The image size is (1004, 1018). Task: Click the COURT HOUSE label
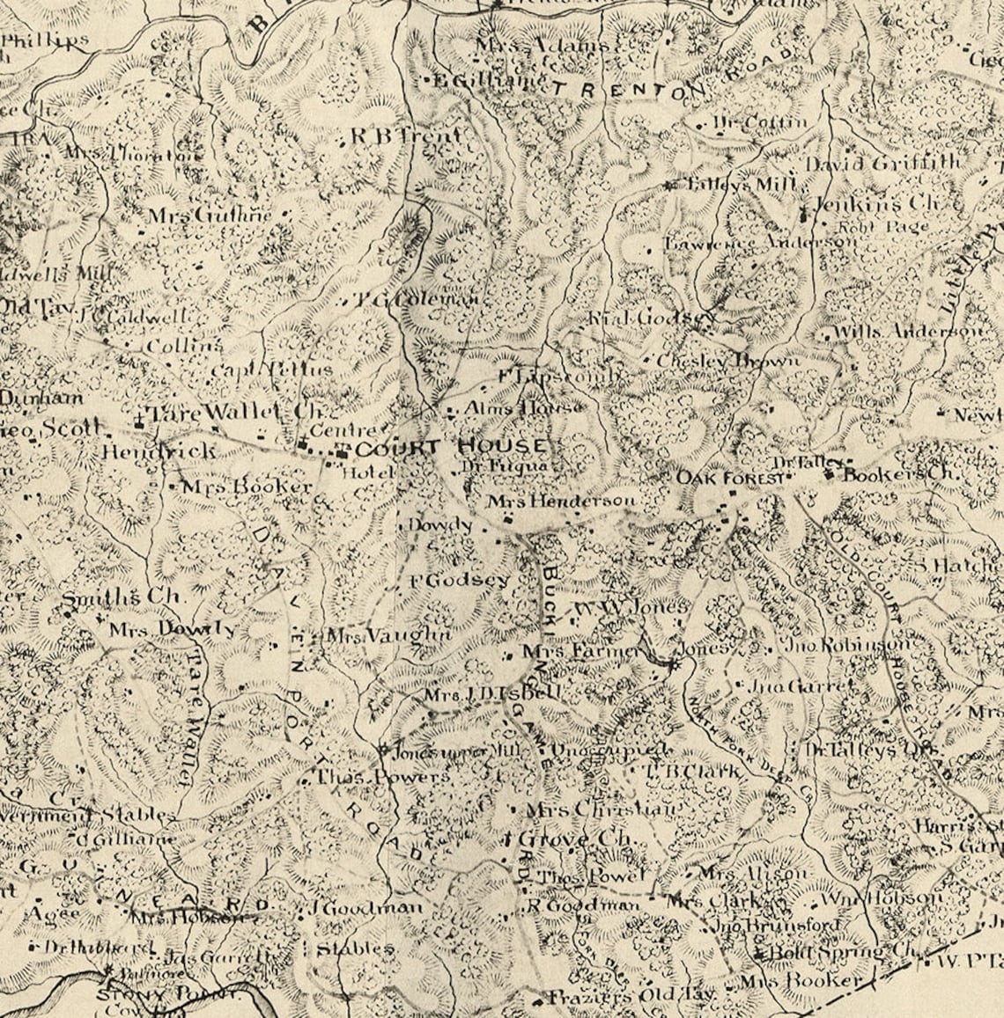(453, 447)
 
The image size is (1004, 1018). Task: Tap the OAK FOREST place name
(729, 478)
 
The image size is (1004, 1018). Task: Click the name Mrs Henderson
(562, 501)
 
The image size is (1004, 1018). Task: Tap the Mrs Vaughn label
(388, 635)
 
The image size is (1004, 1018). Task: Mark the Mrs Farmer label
(581, 652)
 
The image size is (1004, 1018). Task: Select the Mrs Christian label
(602, 809)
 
